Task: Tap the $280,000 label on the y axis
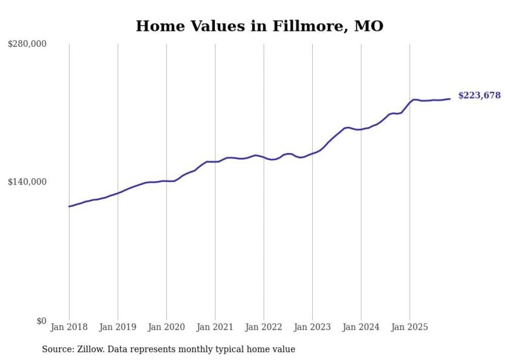[27, 44]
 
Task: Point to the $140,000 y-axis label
[27, 182]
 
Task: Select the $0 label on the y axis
[41, 321]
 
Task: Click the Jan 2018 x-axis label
[69, 327]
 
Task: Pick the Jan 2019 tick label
[117, 327]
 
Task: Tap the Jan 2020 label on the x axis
[166, 327]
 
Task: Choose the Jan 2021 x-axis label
[215, 327]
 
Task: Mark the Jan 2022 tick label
[263, 327]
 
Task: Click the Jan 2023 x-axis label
[312, 327]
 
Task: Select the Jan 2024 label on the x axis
[361, 327]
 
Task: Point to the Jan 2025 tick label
[410, 327]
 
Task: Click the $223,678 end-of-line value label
[479, 95]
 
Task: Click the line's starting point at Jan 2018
[69, 207]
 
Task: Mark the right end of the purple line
[450, 99]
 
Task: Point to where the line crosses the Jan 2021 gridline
[215, 162]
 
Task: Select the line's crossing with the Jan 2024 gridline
[361, 129]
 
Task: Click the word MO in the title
[368, 26]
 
